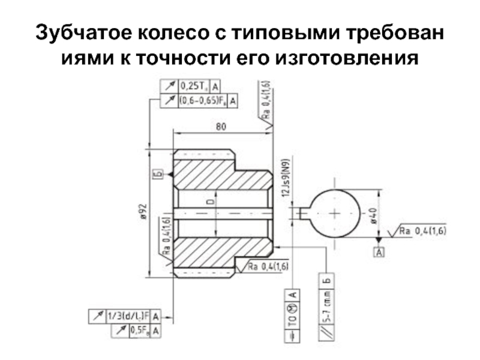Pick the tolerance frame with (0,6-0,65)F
208,100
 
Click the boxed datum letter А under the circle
379,252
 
